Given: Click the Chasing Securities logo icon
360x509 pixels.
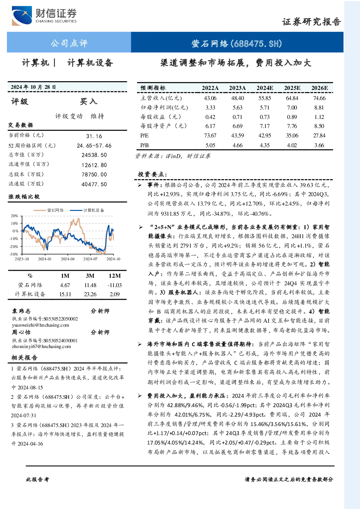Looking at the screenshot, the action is point(22,16).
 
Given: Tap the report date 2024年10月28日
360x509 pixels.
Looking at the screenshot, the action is point(33,87).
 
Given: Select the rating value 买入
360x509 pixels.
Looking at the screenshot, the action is point(88,102).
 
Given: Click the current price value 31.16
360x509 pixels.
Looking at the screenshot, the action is point(94,136).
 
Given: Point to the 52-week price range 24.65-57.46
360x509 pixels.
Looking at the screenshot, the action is point(94,146).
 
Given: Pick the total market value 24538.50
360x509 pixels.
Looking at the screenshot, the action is point(94,155).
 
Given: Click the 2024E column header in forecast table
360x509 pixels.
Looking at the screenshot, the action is point(265,88).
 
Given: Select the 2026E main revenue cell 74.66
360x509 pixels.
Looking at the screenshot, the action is point(319,98).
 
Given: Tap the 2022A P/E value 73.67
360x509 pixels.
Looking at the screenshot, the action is point(210,136).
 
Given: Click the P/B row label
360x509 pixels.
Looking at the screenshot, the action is point(145,145).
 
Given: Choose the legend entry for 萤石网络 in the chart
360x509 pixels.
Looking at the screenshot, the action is point(49,210).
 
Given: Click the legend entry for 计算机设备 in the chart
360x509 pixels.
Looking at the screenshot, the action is point(87,210).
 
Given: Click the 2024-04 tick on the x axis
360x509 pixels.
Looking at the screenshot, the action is point(67,259).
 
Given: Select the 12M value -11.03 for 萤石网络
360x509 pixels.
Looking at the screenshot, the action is point(115,285).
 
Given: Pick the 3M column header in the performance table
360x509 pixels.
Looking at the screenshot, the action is point(90,276).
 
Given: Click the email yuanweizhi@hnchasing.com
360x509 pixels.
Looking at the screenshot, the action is point(41,325).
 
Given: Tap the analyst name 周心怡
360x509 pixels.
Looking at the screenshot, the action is point(21,332).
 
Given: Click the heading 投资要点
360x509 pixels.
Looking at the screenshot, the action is point(152,174).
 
